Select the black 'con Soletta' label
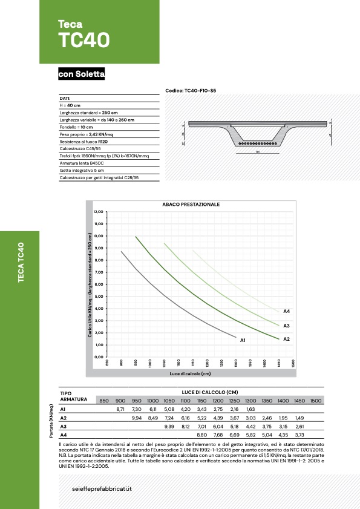click(x=82, y=74)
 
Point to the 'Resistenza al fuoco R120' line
click(x=83, y=140)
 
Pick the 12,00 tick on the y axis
click(x=99, y=212)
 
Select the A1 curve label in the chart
click(x=243, y=341)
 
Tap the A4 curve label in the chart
click(x=287, y=311)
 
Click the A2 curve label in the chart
click(x=287, y=339)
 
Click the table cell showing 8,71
click(x=120, y=410)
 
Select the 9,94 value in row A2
click(x=136, y=418)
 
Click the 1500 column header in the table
click(x=315, y=401)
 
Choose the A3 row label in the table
click(x=64, y=426)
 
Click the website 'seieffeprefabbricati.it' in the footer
click(x=102, y=488)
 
